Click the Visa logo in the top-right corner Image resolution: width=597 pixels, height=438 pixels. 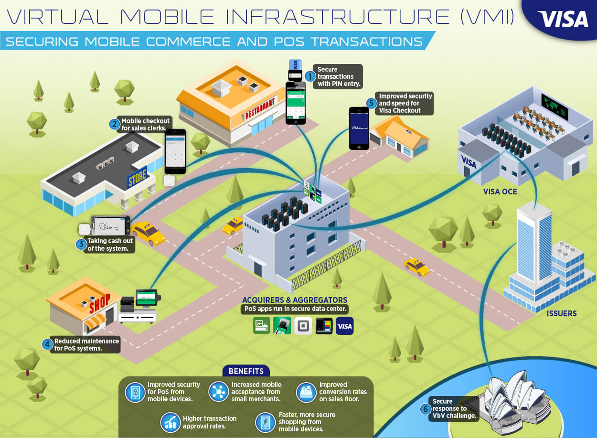(562, 19)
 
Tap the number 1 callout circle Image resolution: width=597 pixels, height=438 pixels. (309, 76)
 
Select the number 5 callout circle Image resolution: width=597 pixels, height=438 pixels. (371, 103)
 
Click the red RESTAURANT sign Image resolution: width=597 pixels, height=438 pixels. (260, 108)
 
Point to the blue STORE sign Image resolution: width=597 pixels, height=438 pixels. (137, 177)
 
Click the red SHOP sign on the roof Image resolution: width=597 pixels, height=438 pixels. (100, 303)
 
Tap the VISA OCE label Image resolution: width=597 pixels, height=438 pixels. (500, 192)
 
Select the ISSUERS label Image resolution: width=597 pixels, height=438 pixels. (562, 313)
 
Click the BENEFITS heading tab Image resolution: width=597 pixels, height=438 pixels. (246, 371)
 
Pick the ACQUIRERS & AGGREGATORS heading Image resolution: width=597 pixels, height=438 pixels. (295, 300)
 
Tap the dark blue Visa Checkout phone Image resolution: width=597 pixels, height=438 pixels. (359, 128)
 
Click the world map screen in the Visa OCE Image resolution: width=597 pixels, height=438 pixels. (554, 107)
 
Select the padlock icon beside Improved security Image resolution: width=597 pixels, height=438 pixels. (135, 393)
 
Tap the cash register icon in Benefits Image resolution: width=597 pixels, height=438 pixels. (306, 393)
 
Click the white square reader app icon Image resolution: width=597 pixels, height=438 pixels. (303, 326)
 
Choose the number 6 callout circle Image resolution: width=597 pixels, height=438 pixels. (426, 409)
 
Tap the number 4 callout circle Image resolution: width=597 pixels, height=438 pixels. (47, 344)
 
